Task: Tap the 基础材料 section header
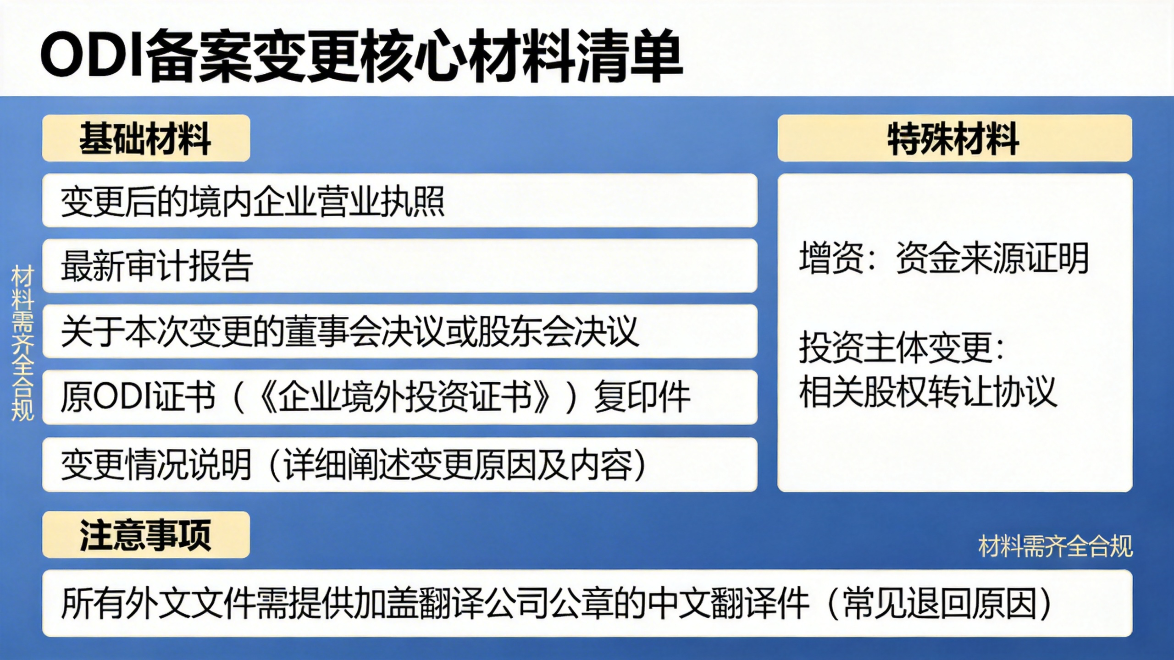(145, 139)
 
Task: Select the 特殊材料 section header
(954, 139)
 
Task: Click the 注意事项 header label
(145, 535)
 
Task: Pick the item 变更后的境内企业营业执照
(253, 201)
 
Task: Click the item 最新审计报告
(156, 266)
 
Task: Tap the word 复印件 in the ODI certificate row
(642, 397)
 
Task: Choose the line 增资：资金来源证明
(944, 258)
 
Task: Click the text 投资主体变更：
(902, 347)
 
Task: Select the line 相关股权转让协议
(928, 392)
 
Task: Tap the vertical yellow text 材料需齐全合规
(22, 343)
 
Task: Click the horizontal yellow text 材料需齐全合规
(1055, 546)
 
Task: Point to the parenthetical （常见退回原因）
(940, 603)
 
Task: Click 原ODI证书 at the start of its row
(138, 397)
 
